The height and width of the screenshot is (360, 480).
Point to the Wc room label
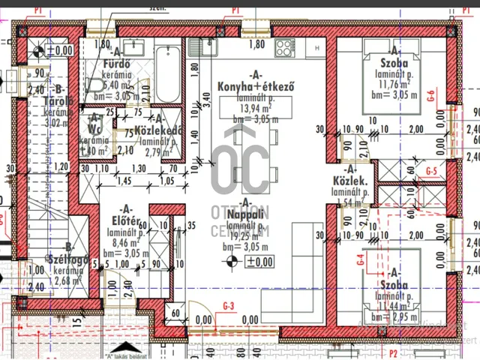95,130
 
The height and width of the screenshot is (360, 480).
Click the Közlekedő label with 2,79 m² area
160,130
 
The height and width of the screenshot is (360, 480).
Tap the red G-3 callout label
229,305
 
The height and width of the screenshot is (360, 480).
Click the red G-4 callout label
361,262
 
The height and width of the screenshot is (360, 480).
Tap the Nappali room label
244,213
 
